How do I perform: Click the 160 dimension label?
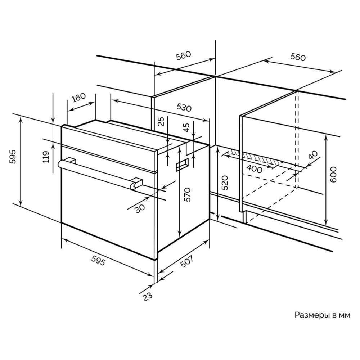(78, 98)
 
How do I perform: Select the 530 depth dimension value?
(184, 107)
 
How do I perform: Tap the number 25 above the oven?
(162, 121)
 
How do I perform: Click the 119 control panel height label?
(46, 157)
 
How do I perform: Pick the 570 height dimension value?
(188, 194)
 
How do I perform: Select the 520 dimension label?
(225, 183)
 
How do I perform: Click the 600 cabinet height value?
(333, 175)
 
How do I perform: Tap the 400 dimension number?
(254, 169)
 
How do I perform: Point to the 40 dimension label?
(313, 155)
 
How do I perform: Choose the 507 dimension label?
(186, 261)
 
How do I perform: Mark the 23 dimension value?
(147, 296)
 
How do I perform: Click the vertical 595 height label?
(13, 157)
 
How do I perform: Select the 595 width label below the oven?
(98, 260)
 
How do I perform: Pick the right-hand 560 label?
(298, 57)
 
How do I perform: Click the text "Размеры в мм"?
(322, 315)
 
